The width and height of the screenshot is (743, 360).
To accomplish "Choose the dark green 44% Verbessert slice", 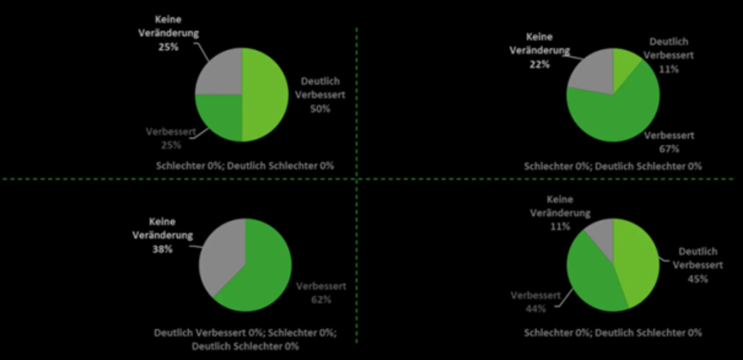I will point(592,275).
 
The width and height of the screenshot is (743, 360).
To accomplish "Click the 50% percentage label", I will point(320,109).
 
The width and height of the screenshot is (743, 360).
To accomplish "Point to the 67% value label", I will point(669,149).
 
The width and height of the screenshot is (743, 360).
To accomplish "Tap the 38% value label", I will point(162,249).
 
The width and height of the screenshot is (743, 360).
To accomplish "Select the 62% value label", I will point(321,300).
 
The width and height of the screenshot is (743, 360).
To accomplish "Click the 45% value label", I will point(697,279).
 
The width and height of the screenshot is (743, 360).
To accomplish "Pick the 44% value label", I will point(536,309).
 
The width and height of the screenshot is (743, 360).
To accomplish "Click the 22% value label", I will point(539,64).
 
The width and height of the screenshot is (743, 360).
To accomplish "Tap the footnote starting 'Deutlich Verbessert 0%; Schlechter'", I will point(245,339).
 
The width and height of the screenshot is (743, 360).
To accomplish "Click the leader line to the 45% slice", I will point(664,260).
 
